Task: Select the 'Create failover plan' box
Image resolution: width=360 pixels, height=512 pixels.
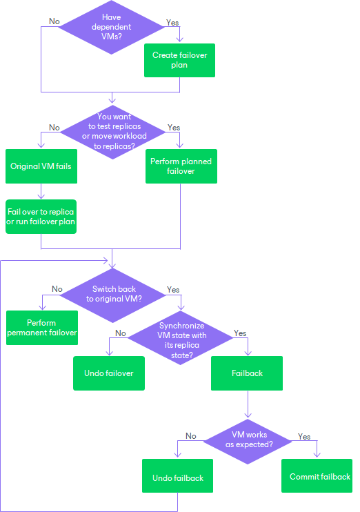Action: coord(179,60)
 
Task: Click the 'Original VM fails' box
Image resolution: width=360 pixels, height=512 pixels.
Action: coord(41,166)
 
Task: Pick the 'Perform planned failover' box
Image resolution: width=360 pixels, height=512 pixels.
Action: coord(181,166)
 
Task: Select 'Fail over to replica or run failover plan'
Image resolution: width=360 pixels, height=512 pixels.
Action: coord(41,217)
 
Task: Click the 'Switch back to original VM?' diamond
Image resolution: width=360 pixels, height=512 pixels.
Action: coord(112,295)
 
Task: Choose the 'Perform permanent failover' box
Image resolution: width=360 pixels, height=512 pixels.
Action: coord(41,327)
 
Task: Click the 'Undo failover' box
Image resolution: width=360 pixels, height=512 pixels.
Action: coord(109,373)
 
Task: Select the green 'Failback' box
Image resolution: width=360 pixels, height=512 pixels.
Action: coord(247,373)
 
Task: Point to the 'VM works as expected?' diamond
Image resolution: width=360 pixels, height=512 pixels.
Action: coord(249,440)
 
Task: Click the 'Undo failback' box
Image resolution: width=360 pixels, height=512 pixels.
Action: coord(177,477)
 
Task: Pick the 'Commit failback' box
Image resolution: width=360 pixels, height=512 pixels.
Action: coord(319,476)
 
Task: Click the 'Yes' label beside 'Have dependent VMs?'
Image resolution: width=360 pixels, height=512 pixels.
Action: coord(172,23)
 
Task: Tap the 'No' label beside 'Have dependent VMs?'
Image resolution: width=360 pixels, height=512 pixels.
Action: coord(54,21)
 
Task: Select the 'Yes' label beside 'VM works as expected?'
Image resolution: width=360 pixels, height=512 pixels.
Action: coord(304,437)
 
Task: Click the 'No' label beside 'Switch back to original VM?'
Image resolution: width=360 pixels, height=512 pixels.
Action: coord(57,289)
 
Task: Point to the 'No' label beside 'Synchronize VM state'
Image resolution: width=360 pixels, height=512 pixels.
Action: coord(121,333)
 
